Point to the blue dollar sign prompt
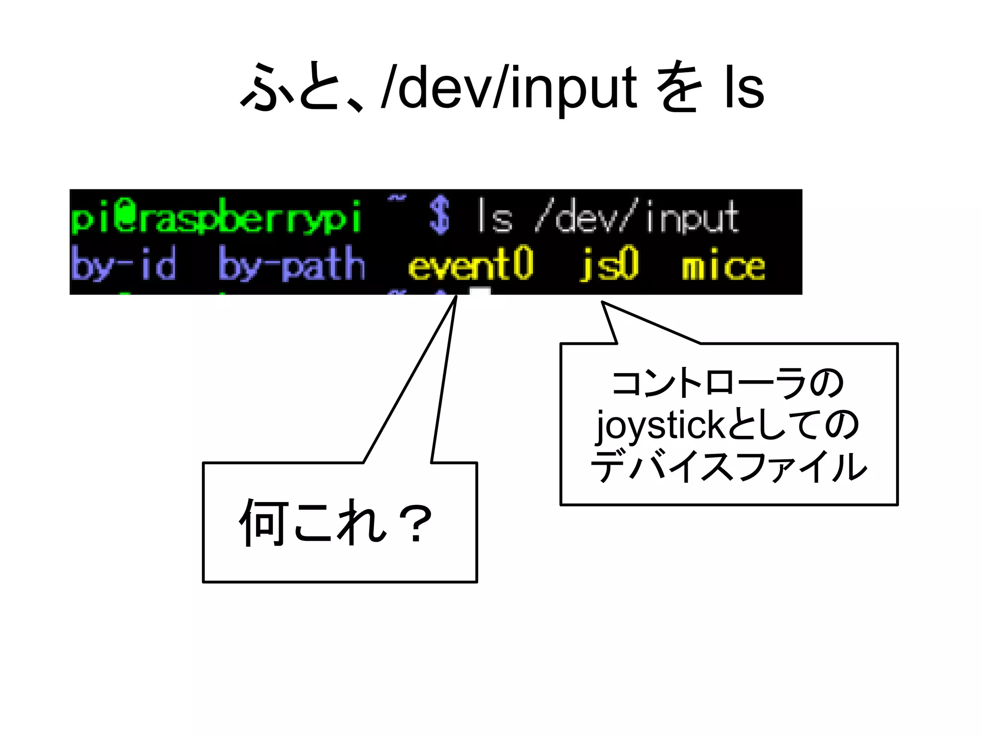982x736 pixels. point(439,216)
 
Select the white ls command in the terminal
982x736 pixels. point(494,217)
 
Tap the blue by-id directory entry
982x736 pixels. point(123,264)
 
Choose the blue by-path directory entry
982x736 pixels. point(292,264)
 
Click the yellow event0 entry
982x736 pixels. point(470,264)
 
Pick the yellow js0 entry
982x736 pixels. point(609,264)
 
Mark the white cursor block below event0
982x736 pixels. point(479,291)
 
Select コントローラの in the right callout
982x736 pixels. point(728,384)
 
